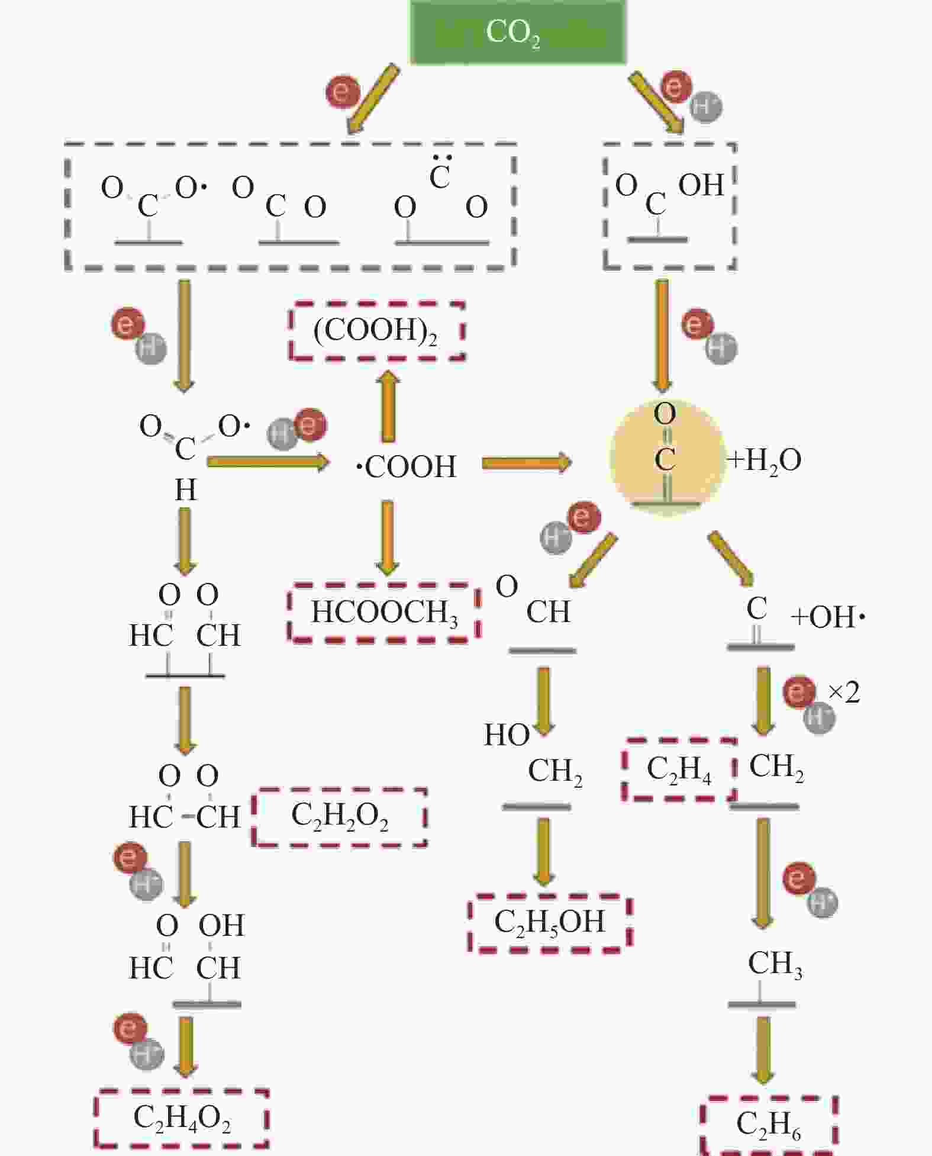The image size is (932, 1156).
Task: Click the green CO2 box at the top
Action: [x=518, y=32]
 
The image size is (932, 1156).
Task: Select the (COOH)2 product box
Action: [x=377, y=331]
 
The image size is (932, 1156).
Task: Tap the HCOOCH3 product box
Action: [x=384, y=613]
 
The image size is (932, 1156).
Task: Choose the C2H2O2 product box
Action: [x=340, y=817]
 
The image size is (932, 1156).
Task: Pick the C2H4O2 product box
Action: [x=182, y=1119]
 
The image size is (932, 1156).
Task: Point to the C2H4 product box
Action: [x=679, y=769]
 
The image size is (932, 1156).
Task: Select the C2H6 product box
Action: [x=768, y=1125]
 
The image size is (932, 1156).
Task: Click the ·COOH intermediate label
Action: [x=407, y=467]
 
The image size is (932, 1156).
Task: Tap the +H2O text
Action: [x=765, y=460]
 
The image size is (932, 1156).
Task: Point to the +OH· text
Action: [x=828, y=617]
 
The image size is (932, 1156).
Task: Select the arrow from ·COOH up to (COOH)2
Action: [x=388, y=407]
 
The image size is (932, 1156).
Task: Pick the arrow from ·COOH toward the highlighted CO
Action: [x=526, y=462]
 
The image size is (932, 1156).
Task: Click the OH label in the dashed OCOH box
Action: [x=701, y=185]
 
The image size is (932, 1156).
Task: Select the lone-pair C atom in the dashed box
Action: [x=440, y=176]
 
